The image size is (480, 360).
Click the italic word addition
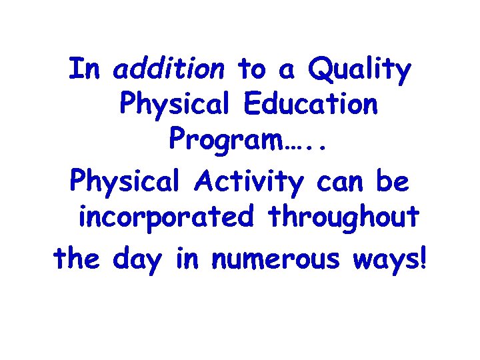(169, 69)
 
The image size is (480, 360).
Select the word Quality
(361, 71)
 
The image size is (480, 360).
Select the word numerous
(277, 259)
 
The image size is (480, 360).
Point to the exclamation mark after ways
(421, 257)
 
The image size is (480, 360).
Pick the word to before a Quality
(251, 69)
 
